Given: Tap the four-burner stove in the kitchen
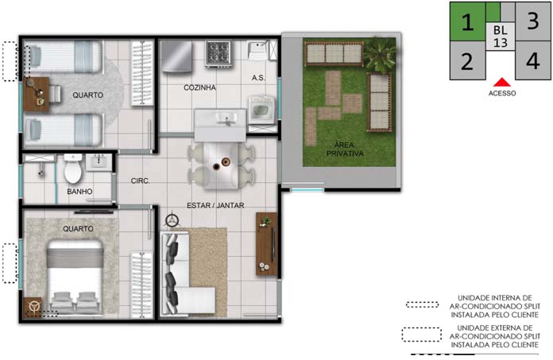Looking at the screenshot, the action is (218, 53).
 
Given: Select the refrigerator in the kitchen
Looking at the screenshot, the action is (176, 56).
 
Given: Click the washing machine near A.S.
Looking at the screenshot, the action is (261, 110).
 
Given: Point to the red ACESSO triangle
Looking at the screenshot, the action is (502, 83).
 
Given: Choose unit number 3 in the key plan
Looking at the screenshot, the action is (532, 21).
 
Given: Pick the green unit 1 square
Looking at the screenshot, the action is (468, 21).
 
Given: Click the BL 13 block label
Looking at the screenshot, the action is (501, 37).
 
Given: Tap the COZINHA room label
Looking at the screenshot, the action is (199, 87).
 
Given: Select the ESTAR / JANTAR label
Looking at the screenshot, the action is (215, 205).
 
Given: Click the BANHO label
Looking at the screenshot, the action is (79, 192).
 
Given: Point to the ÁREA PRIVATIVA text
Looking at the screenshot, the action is (345, 149).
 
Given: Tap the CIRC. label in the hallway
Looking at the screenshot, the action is (141, 181).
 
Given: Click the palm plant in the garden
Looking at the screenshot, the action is (381, 54).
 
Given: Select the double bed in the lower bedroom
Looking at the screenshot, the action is (75, 277).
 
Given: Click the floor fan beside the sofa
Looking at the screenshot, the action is (172, 220).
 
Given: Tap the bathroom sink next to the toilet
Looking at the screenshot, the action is (99, 163).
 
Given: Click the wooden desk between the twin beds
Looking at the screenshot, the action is (37, 95).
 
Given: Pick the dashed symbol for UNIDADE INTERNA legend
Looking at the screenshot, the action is (422, 304).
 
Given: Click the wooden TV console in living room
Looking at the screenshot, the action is (266, 244).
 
